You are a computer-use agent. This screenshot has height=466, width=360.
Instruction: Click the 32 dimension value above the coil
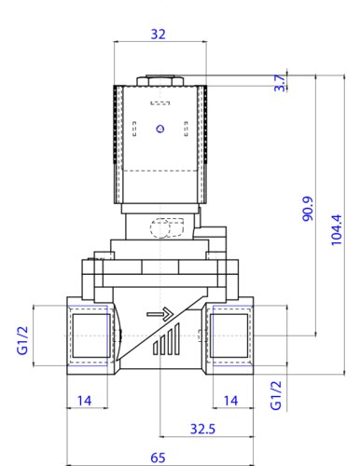click(x=158, y=34)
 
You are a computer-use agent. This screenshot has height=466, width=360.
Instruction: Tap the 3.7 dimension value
click(x=280, y=83)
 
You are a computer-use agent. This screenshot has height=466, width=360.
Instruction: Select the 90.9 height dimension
click(x=308, y=209)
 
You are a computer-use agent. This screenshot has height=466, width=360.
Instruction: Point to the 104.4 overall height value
click(x=336, y=230)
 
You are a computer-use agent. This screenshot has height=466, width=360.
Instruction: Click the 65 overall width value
click(x=158, y=458)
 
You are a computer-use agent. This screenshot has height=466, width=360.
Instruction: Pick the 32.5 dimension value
click(x=202, y=429)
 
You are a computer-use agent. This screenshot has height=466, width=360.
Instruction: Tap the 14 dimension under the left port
click(x=84, y=401)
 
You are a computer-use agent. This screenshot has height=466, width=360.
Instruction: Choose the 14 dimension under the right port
click(x=231, y=401)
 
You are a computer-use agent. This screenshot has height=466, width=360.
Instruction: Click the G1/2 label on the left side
click(x=22, y=340)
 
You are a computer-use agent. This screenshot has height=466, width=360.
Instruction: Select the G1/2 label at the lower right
click(x=276, y=395)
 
